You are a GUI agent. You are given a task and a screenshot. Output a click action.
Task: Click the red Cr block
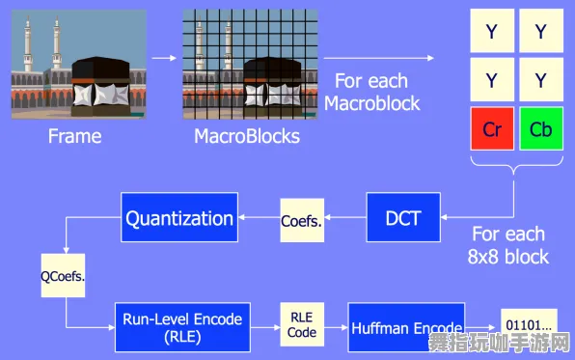(492, 128)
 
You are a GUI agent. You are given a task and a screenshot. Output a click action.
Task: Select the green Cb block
(540, 128)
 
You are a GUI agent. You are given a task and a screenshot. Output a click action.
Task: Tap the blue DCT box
(402, 218)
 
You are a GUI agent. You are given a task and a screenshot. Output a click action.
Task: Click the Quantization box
(178, 218)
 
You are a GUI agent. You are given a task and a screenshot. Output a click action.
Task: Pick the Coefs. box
(302, 219)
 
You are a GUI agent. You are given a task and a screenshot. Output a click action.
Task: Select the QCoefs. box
(63, 274)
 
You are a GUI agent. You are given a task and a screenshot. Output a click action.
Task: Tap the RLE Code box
(301, 324)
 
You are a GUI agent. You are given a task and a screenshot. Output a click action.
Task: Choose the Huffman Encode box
(405, 328)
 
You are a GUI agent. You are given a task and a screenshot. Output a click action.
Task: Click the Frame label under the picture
(74, 136)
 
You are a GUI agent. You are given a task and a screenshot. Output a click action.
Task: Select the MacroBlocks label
(247, 136)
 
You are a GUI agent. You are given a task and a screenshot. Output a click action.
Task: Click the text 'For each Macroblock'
(371, 92)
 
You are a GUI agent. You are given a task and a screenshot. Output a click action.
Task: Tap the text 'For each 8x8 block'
(509, 245)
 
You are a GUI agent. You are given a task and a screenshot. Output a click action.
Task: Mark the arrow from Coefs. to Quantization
(259, 218)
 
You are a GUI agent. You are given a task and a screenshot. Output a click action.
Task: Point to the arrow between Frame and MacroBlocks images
(163, 59)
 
